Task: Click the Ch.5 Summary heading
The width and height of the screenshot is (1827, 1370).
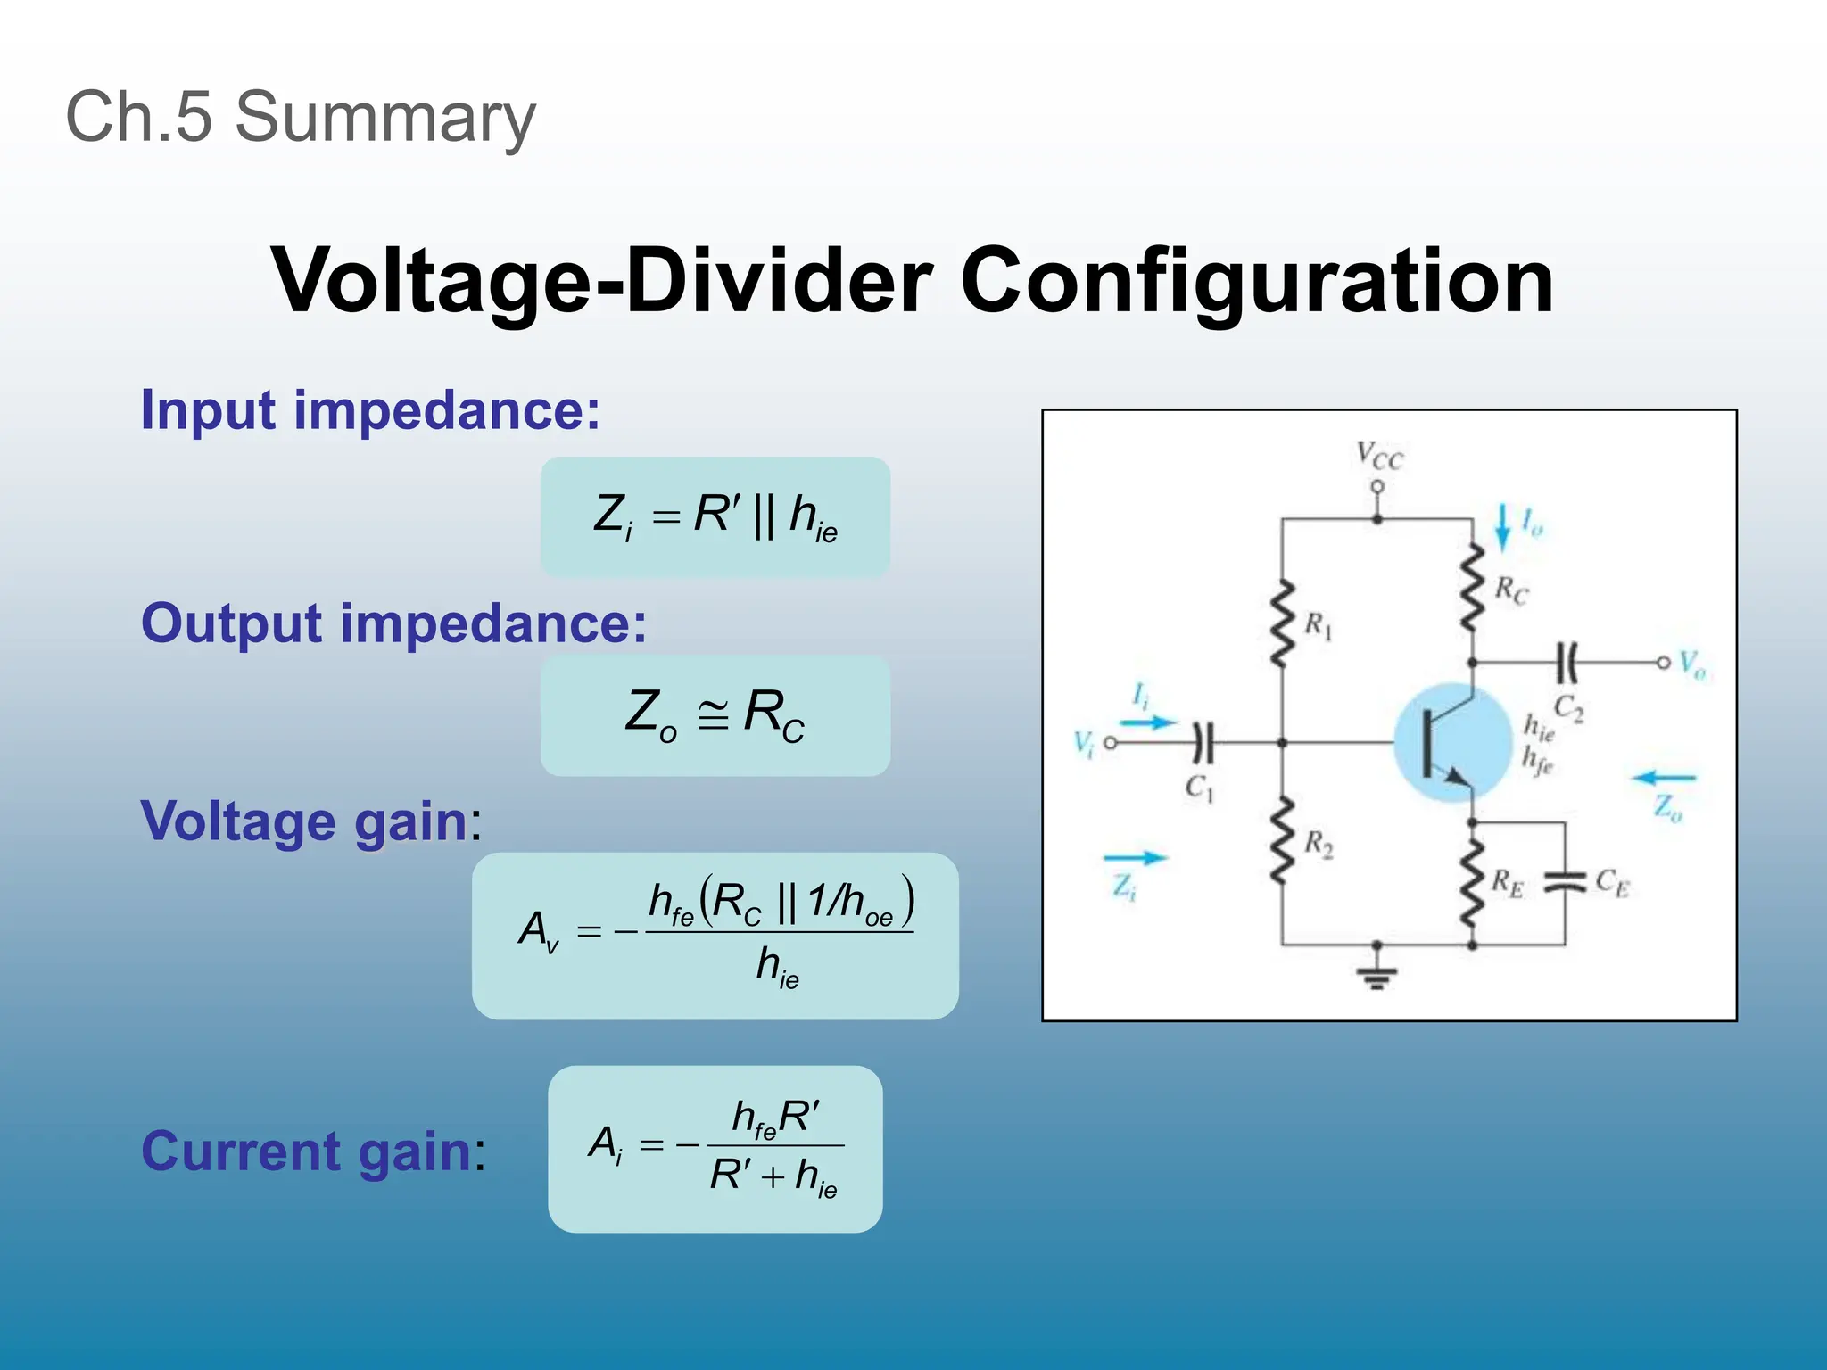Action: click(x=301, y=117)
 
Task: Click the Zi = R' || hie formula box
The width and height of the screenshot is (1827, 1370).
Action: click(x=715, y=516)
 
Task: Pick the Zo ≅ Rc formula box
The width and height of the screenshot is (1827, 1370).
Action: click(x=715, y=715)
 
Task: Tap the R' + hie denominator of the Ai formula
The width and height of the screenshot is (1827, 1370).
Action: click(x=773, y=1176)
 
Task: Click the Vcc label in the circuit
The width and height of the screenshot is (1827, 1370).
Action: click(x=1379, y=456)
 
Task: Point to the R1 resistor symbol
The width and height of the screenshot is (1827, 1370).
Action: click(x=1283, y=623)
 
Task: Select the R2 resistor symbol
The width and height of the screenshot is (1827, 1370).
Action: click(x=1283, y=841)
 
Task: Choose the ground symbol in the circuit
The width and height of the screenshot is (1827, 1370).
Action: click(x=1376, y=978)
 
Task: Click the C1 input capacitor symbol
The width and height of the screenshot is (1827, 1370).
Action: click(x=1203, y=742)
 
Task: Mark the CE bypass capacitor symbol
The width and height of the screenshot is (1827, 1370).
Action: click(x=1564, y=881)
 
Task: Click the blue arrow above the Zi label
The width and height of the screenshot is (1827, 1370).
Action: click(x=1135, y=858)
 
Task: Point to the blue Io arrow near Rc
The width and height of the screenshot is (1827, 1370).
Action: click(x=1502, y=527)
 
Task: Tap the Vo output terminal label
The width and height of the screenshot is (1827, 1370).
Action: click(x=1691, y=664)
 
